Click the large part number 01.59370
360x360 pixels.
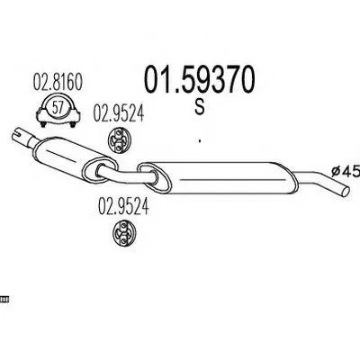point(200,79)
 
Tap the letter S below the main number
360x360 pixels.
point(199,106)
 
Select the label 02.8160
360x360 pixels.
point(58,82)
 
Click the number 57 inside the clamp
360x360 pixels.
point(58,107)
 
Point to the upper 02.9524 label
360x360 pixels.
point(119,113)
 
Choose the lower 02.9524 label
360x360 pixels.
point(123,207)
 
